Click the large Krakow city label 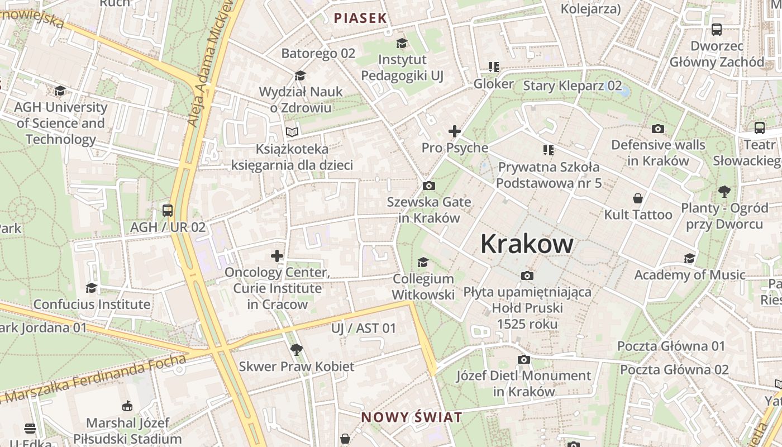pos(527,244)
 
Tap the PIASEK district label pos(360,18)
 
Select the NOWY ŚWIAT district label pos(412,417)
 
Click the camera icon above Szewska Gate pos(429,186)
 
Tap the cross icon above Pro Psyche pos(455,131)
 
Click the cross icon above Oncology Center pos(277,256)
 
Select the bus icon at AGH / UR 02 pos(168,211)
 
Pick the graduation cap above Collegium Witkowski pos(423,262)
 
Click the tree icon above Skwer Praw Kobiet pos(297,350)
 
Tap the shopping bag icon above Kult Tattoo pos(638,198)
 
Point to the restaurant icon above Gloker pos(493,67)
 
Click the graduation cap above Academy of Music pos(690,258)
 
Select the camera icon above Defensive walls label pos(658,129)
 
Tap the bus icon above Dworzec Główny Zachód pos(717,30)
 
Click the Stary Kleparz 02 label pos(572,85)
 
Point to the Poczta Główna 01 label pos(671,346)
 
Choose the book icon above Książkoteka pos(292,132)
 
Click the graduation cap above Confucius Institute pos(92,288)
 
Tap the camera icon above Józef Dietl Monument pos(523,359)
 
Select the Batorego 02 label pos(318,54)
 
